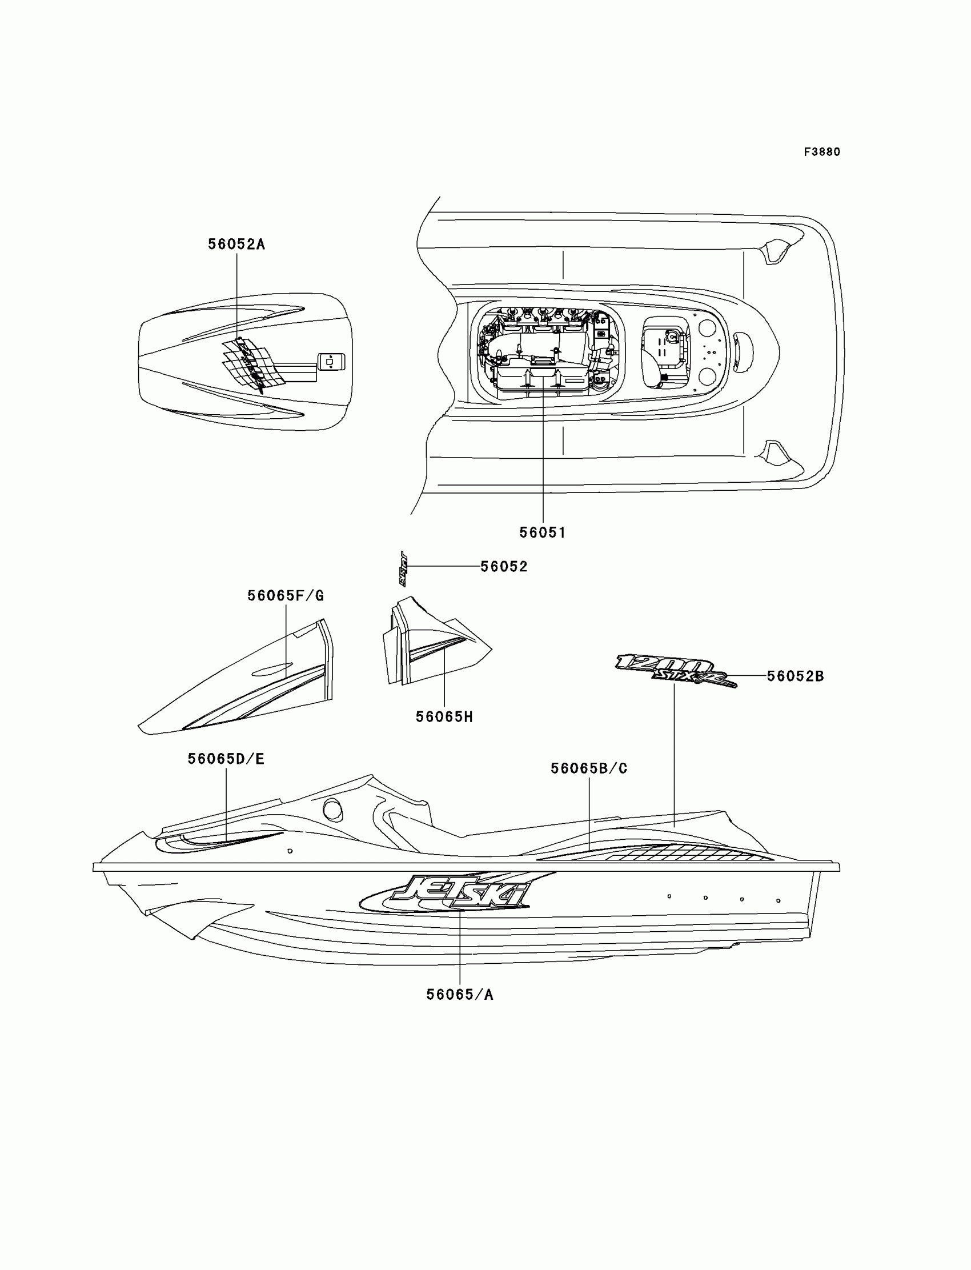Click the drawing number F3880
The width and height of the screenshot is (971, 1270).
(x=822, y=152)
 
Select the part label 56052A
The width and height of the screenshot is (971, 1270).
(x=236, y=245)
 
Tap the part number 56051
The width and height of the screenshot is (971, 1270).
(x=542, y=532)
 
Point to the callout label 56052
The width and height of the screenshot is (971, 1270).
(x=504, y=567)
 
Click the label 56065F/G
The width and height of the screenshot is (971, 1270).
(x=286, y=595)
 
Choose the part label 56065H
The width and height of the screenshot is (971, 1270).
(x=444, y=717)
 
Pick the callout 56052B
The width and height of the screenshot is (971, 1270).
(x=795, y=676)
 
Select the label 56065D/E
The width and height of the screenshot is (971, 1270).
(x=226, y=759)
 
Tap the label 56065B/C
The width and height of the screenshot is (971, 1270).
(x=588, y=768)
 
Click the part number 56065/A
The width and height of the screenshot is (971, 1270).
(x=459, y=995)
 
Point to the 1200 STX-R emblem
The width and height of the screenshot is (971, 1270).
(x=673, y=671)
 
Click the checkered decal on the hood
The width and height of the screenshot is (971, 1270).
(x=253, y=362)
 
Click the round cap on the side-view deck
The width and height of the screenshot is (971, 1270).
(x=332, y=810)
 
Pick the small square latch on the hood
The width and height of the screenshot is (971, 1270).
(x=330, y=362)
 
